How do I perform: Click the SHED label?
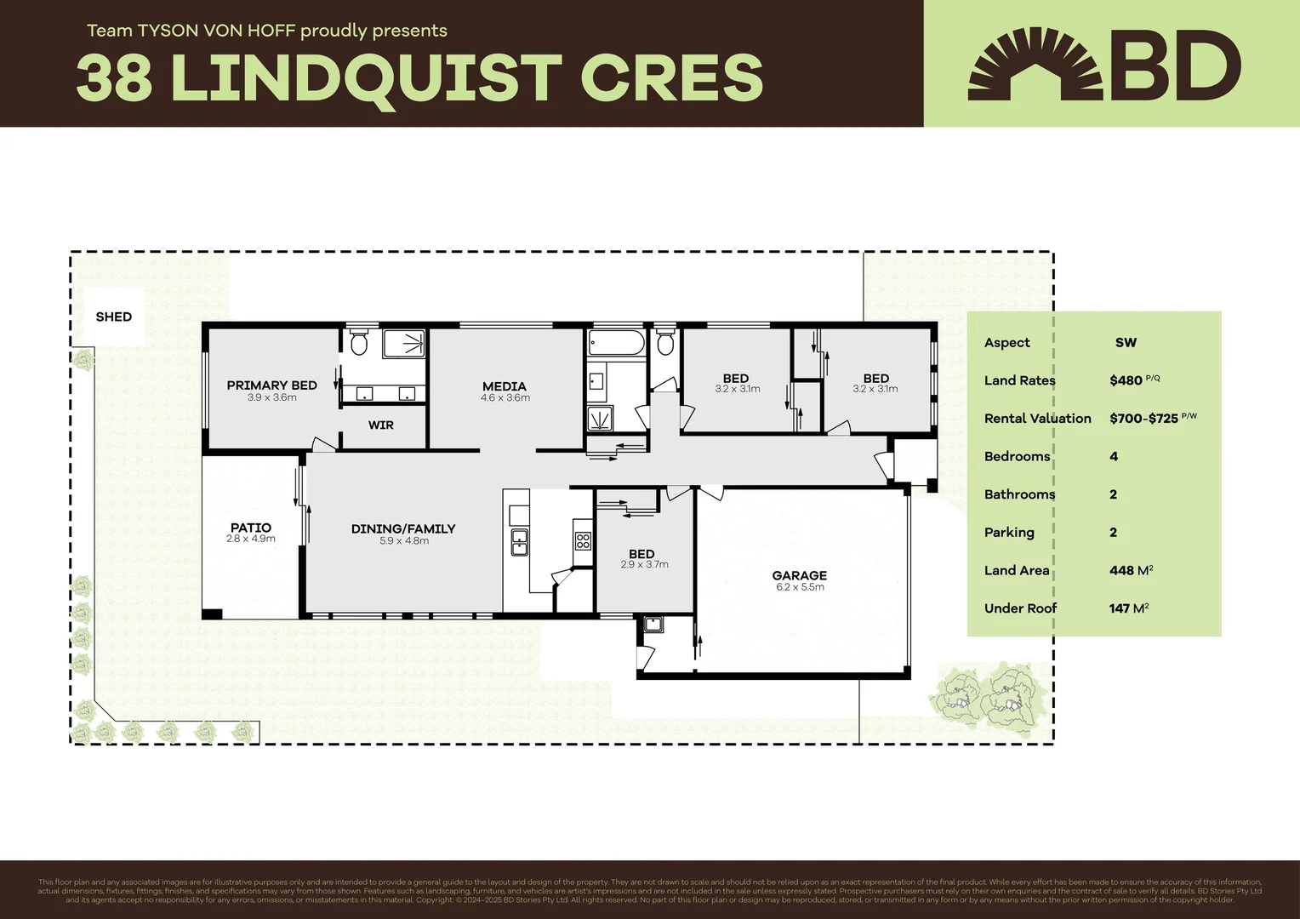click(x=114, y=317)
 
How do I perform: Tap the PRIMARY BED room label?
click(x=271, y=385)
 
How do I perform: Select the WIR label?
click(x=380, y=425)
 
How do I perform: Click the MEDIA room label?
click(x=505, y=386)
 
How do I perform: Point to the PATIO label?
click(x=251, y=528)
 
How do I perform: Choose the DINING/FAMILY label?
click(x=403, y=528)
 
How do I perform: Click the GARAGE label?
click(x=800, y=575)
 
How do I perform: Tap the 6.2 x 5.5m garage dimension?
click(x=800, y=587)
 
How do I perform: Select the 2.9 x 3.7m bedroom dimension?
click(x=644, y=565)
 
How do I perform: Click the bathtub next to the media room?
click(x=617, y=344)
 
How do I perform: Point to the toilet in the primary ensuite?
click(x=359, y=342)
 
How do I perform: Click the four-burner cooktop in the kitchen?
click(x=583, y=540)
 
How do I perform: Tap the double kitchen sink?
click(x=519, y=542)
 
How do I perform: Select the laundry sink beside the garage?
click(x=653, y=625)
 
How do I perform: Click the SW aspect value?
click(x=1126, y=342)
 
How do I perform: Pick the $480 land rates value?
click(x=1126, y=380)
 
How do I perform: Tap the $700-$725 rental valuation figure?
click(x=1143, y=419)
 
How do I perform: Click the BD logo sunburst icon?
click(x=1035, y=65)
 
